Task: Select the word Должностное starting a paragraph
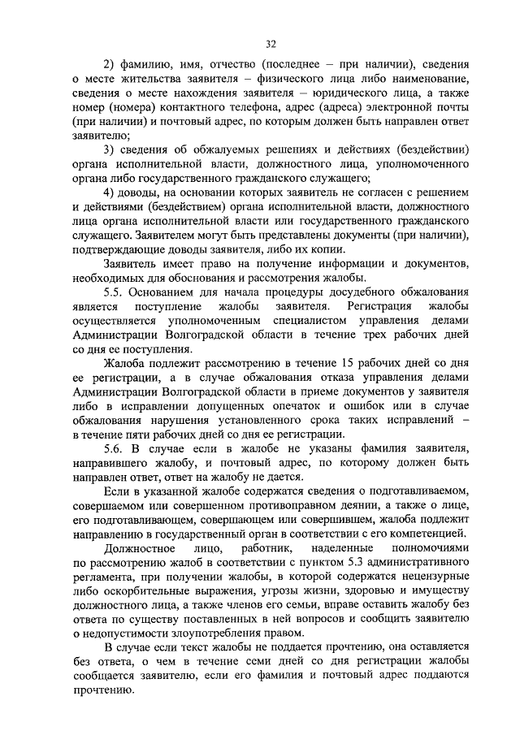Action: click(141, 549)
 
